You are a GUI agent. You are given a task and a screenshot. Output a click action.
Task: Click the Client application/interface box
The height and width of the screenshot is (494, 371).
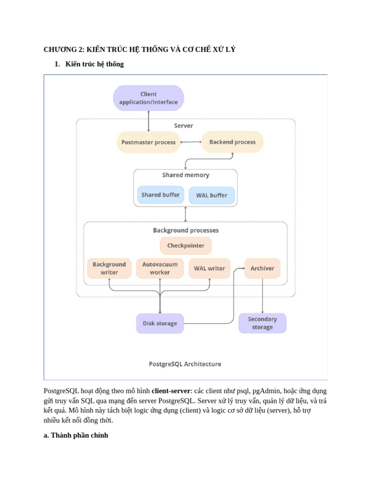(148, 98)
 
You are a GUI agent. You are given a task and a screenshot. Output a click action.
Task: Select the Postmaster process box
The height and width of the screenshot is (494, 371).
(148, 142)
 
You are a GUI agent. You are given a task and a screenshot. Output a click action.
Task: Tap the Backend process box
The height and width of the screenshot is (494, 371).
(232, 142)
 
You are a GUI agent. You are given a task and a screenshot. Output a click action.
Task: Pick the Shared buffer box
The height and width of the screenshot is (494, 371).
(160, 195)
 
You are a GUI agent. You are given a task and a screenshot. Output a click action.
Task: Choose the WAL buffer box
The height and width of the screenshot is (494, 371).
(212, 195)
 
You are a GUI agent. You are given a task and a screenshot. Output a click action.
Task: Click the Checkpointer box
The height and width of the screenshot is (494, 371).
(185, 246)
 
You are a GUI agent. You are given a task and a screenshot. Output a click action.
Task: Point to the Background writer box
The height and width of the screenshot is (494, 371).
(109, 268)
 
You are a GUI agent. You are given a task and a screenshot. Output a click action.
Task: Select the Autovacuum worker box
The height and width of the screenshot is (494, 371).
(160, 268)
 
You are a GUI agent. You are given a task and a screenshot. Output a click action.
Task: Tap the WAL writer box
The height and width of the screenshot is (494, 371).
(209, 268)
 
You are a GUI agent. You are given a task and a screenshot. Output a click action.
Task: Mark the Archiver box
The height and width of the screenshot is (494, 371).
(262, 268)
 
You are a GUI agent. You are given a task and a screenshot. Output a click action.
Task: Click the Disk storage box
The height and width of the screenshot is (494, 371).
(160, 323)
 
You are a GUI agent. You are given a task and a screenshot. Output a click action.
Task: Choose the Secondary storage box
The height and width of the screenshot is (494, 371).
(262, 323)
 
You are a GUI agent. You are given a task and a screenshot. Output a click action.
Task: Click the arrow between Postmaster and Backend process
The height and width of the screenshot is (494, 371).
(190, 142)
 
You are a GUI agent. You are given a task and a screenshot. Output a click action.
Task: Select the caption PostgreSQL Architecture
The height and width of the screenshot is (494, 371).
(185, 364)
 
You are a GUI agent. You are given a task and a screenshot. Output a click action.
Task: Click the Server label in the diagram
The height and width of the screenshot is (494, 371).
(184, 125)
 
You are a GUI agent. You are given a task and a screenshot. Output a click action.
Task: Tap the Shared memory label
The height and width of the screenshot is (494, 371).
(185, 175)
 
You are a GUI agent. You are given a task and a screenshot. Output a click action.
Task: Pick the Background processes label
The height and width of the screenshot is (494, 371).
(185, 230)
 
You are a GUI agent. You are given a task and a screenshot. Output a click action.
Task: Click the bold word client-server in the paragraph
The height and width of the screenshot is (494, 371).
(171, 391)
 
